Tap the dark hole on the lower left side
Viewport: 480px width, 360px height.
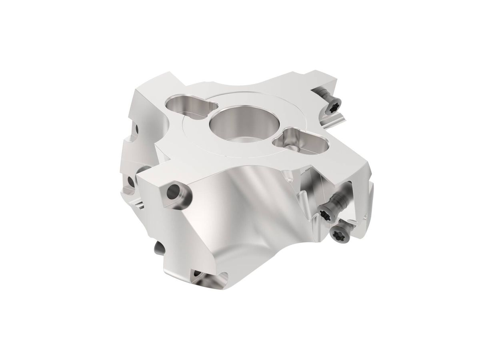131,182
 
